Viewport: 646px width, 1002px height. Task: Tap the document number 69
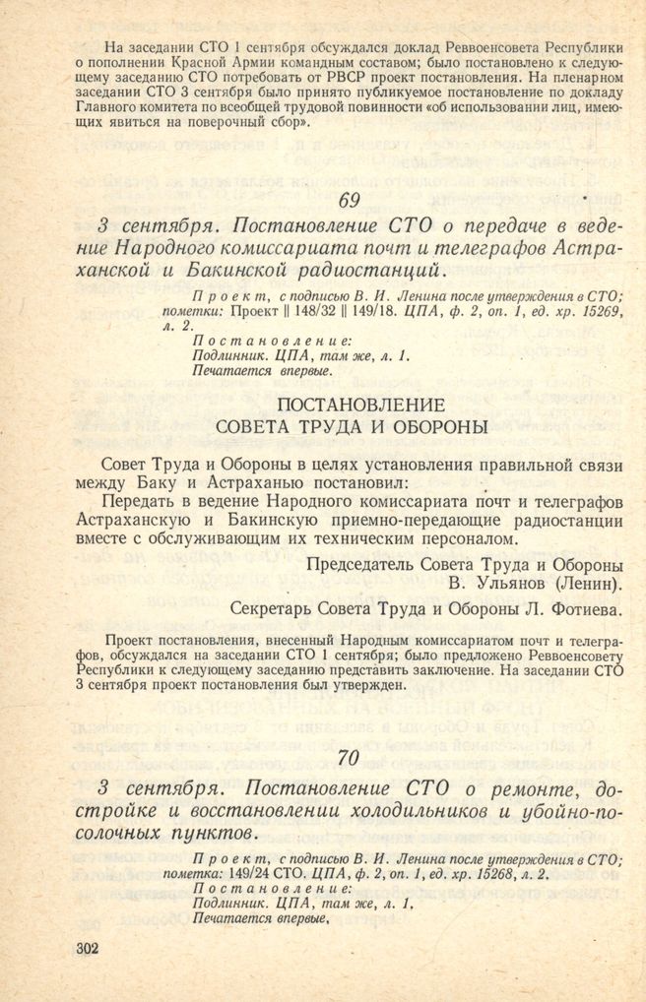348,201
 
